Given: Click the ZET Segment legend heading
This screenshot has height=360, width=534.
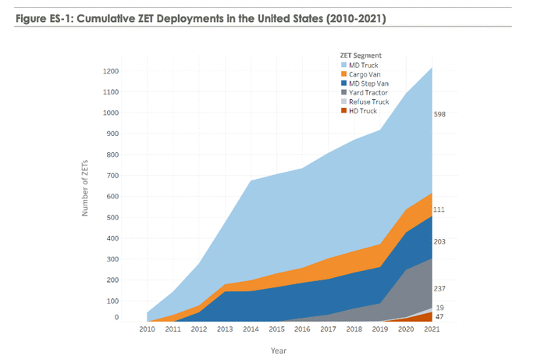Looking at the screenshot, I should [360, 55].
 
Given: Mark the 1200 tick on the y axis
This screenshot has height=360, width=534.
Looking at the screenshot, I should [110, 71].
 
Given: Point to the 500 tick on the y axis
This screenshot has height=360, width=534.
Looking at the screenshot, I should [112, 216].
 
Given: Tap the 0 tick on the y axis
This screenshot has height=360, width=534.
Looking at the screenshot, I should [116, 317].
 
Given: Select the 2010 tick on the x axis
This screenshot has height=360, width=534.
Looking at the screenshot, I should [148, 330].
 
